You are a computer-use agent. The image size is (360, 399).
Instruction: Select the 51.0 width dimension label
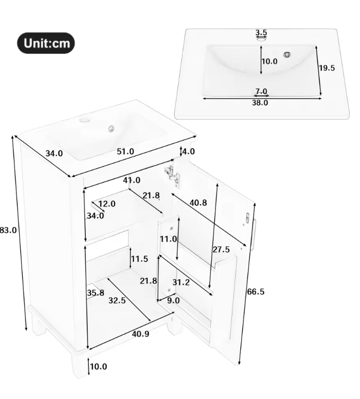(x=126, y=151)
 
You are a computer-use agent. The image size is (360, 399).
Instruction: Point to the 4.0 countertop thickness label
(x=188, y=152)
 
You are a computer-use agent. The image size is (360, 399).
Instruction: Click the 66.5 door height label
(x=255, y=292)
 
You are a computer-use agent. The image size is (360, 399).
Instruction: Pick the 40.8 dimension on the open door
(x=198, y=203)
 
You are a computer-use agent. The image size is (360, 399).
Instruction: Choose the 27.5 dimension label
(x=221, y=249)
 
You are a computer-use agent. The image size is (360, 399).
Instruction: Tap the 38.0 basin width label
(x=260, y=102)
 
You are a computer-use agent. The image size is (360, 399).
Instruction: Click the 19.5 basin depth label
(x=326, y=68)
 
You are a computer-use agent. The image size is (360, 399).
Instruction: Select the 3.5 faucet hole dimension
(x=261, y=33)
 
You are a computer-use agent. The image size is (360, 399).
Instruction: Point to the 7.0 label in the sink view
(x=261, y=91)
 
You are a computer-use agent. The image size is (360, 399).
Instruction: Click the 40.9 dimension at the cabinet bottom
(x=140, y=334)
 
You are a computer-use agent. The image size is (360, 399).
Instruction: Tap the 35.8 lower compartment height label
(x=96, y=293)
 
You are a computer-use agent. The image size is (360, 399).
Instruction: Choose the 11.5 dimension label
(x=139, y=259)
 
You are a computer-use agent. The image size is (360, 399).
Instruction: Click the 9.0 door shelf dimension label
(x=173, y=300)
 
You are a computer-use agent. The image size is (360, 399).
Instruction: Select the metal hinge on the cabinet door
(x=173, y=173)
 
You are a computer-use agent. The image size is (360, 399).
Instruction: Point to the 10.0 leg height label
(x=98, y=366)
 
